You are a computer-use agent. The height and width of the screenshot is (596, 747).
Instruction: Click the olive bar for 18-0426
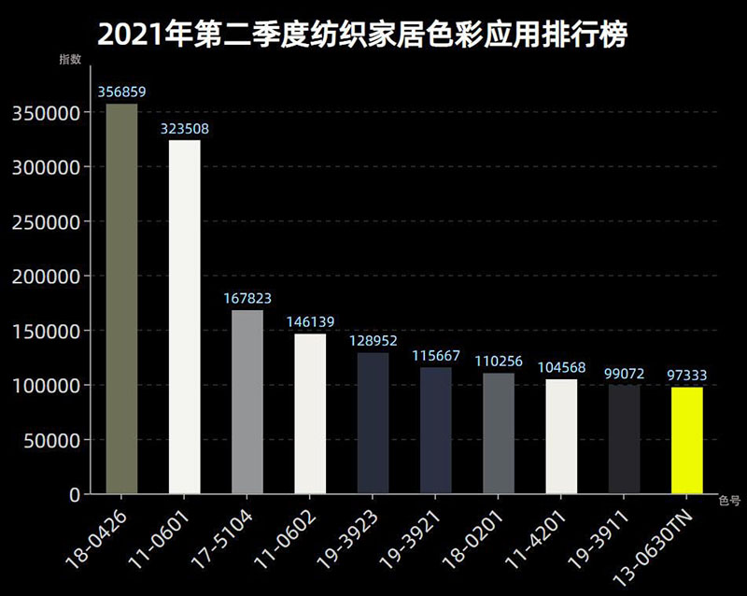tap(121, 299)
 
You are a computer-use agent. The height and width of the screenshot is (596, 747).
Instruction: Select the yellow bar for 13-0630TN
tap(686, 440)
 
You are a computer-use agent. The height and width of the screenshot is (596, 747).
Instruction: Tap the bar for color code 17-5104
tap(247, 402)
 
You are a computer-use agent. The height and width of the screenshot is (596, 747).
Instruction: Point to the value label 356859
tap(121, 92)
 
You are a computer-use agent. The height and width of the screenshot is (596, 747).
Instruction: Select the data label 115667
tap(436, 356)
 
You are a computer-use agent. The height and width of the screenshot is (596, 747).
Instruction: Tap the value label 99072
tap(624, 374)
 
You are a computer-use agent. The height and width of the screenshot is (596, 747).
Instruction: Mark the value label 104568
tap(561, 368)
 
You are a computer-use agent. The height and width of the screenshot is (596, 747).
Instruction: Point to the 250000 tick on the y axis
tap(48, 222)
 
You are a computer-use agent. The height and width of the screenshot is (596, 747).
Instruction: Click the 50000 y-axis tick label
tap(52, 439)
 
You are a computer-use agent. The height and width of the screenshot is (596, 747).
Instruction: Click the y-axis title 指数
tap(70, 60)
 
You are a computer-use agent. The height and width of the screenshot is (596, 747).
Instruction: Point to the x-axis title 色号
tap(729, 500)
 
